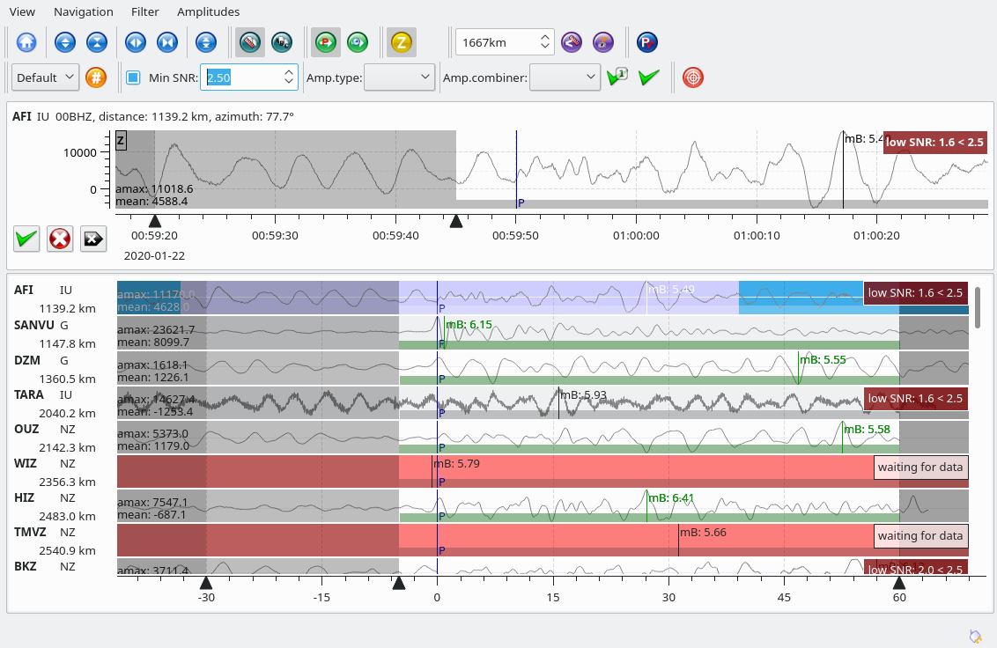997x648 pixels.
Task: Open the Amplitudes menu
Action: click(208, 11)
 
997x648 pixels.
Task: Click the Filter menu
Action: click(144, 11)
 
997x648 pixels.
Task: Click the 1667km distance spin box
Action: click(498, 41)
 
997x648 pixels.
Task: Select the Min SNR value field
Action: click(242, 77)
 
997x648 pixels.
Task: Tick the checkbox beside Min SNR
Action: click(133, 77)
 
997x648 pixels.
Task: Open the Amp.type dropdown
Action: click(400, 77)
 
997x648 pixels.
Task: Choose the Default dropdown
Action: click(46, 77)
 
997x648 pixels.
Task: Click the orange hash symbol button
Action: click(96, 77)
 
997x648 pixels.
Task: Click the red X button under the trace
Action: click(60, 238)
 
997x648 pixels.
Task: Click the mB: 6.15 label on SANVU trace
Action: click(469, 325)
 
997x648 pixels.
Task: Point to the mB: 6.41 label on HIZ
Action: click(671, 497)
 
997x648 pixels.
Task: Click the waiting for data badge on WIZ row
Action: click(920, 467)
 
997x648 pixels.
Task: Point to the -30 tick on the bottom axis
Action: click(206, 597)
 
